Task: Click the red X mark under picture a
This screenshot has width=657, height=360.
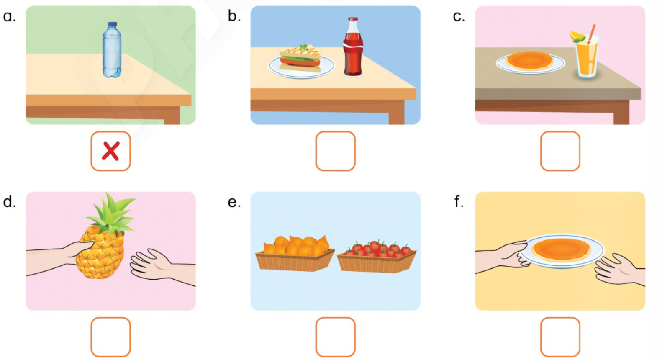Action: click(x=110, y=151)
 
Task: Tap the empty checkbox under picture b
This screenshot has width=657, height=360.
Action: click(x=335, y=151)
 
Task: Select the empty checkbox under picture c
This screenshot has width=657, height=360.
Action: click(x=560, y=151)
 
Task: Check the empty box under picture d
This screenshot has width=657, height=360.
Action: click(x=110, y=337)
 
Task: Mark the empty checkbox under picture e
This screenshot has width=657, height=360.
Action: click(x=335, y=337)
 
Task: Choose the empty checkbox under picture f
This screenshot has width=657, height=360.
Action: click(x=560, y=337)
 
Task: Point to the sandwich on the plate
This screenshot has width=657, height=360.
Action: click(x=300, y=59)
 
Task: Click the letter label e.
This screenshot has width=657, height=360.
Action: click(x=234, y=202)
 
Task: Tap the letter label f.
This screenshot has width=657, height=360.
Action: click(x=459, y=201)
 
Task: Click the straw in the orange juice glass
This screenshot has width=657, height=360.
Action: click(x=591, y=33)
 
